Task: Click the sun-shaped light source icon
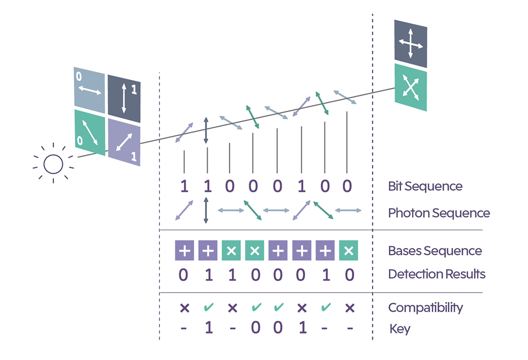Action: (53, 164)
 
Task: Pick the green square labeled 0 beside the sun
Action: (89, 132)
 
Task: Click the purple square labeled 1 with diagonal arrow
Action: (124, 141)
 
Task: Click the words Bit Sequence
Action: (425, 186)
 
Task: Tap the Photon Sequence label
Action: (439, 213)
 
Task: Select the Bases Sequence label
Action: (435, 251)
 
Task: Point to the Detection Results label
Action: (437, 274)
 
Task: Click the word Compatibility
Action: (425, 308)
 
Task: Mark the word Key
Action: (400, 328)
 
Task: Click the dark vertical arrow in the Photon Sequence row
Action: (206, 210)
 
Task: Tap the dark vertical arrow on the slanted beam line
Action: (206, 131)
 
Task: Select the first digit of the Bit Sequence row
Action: (184, 187)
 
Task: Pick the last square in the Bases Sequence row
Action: (348, 251)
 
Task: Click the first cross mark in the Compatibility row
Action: (184, 308)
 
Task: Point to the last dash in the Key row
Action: (349, 328)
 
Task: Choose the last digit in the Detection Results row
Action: (349, 274)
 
